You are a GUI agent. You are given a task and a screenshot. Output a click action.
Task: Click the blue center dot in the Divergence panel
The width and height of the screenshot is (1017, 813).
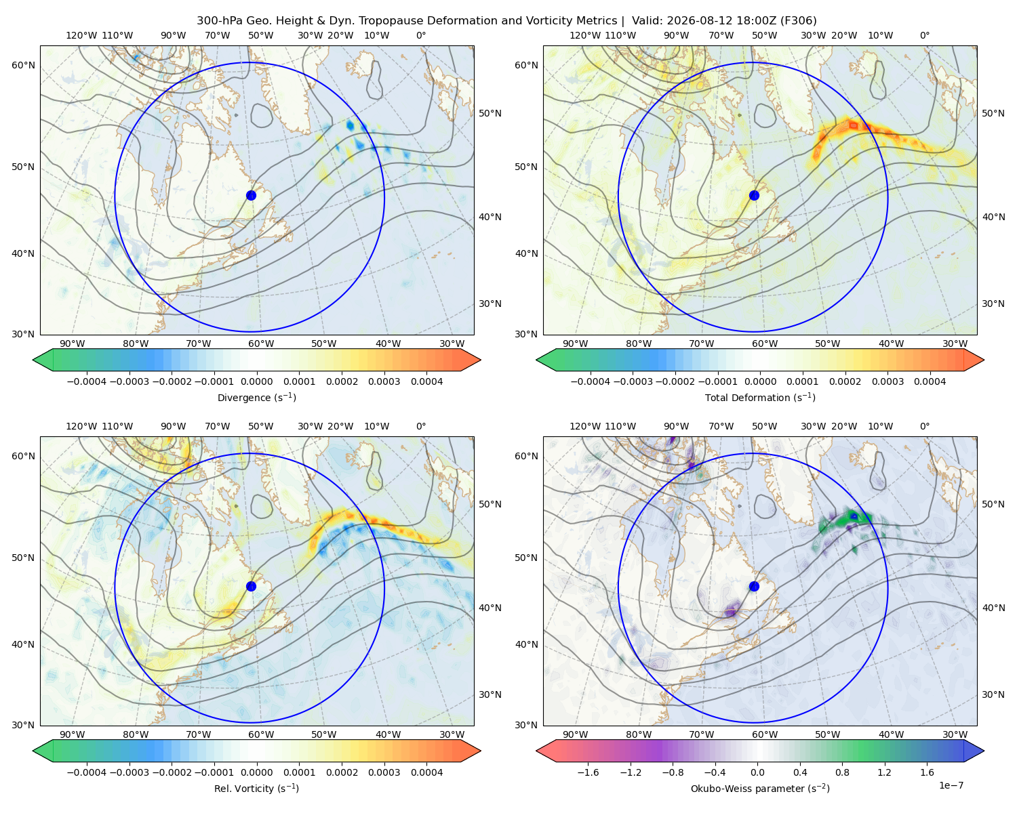pos(251,195)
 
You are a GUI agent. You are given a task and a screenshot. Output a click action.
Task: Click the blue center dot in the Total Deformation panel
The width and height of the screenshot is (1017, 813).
pos(754,195)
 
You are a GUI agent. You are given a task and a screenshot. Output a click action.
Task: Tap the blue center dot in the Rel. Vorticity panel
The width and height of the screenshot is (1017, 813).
pos(251,586)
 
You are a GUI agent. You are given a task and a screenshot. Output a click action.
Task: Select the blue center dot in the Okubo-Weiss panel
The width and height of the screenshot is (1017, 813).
pos(754,586)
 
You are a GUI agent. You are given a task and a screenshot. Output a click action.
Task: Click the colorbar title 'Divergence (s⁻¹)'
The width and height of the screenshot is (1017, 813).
pos(256,397)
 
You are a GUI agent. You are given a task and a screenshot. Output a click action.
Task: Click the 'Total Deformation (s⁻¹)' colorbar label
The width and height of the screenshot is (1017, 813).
pos(760,397)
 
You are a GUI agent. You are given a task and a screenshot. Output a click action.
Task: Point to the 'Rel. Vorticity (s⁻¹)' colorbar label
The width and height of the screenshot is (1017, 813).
pos(256,788)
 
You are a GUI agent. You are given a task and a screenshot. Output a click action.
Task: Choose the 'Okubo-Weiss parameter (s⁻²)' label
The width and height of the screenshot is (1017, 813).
pos(760,788)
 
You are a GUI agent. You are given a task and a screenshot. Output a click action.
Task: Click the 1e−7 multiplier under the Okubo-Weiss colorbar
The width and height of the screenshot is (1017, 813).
pos(951,785)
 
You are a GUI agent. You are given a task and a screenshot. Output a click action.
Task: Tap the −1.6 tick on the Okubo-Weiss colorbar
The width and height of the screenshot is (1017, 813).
pos(588,772)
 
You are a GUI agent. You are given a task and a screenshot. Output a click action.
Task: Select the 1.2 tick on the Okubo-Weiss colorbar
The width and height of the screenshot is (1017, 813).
pos(884,772)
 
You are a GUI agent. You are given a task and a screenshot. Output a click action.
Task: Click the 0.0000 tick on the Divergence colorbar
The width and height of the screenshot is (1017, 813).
pos(256,381)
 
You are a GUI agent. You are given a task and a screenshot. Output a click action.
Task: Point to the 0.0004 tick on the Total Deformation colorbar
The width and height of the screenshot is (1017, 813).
pos(930,381)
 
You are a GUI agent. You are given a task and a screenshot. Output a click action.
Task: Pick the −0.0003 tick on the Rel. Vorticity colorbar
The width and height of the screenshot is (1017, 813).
pos(129,772)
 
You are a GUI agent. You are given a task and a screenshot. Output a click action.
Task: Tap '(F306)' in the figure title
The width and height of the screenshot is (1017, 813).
pos(799,20)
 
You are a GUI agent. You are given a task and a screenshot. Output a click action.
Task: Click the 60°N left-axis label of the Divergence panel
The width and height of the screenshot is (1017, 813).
pos(23,65)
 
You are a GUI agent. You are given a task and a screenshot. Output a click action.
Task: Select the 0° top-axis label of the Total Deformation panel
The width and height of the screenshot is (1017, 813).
pos(924,35)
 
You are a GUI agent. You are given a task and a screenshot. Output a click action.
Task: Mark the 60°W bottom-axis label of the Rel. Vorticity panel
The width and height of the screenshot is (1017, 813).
pos(261,734)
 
